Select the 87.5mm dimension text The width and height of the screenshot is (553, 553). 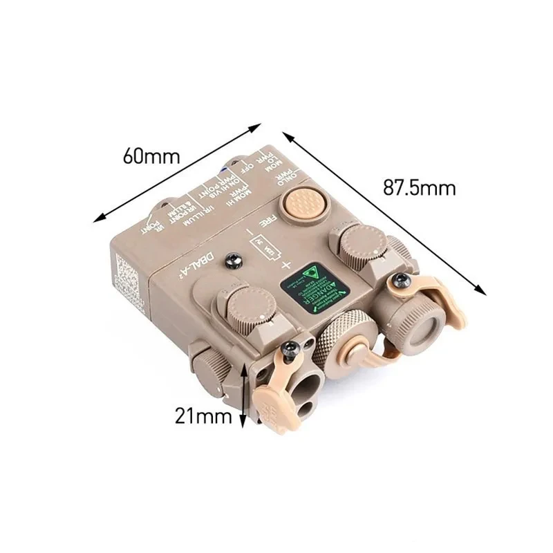click(x=420, y=187)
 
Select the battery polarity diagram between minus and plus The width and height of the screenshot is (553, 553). click(x=263, y=246)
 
